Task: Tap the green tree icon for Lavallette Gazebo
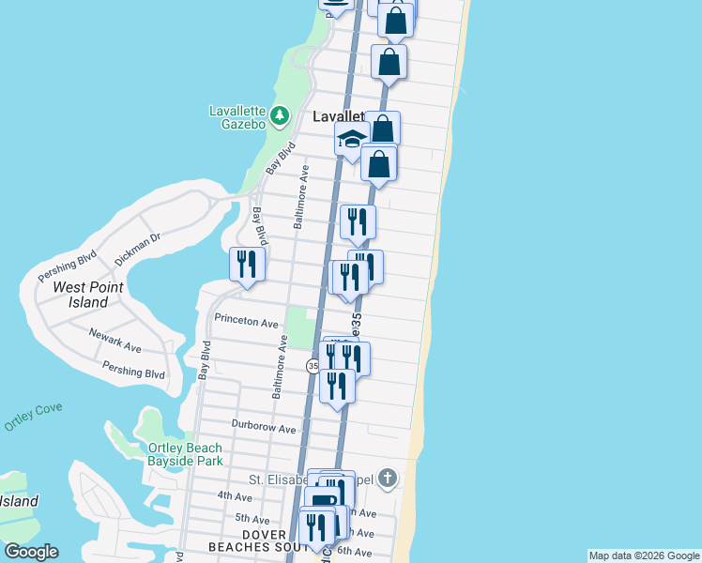280,116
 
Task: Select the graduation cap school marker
352,140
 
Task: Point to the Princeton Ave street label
247,321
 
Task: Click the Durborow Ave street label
264,428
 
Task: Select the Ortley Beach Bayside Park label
185,454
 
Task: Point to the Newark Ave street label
114,340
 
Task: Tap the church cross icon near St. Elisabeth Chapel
387,479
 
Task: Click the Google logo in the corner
31,552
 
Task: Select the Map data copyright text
644,555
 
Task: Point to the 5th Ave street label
252,518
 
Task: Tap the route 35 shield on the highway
313,366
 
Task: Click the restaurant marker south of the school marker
358,222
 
